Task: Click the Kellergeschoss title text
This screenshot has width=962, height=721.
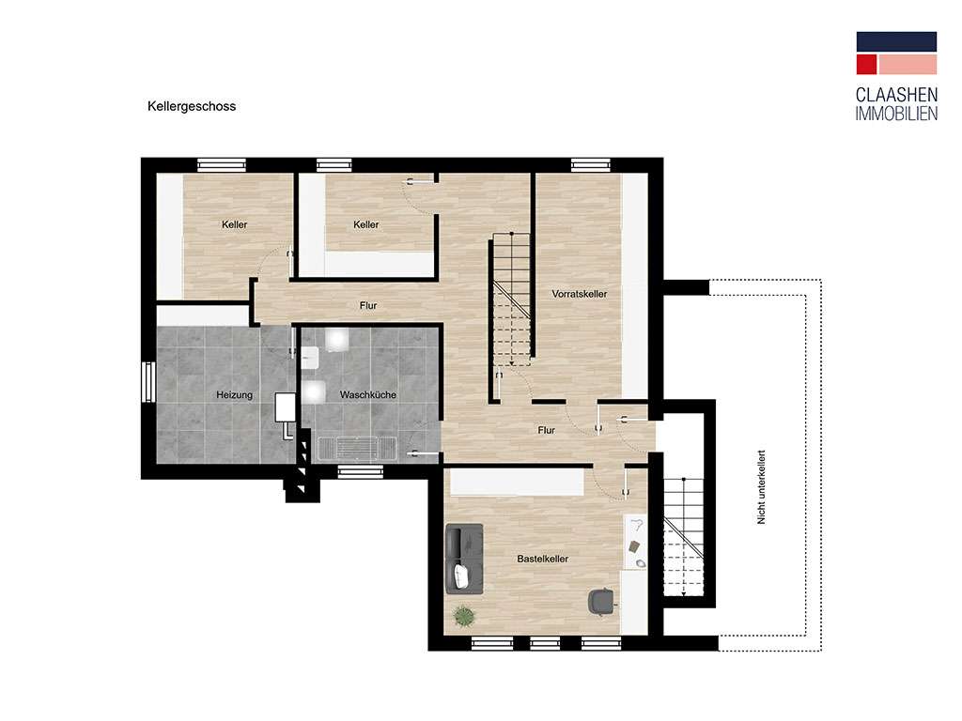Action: pyautogui.click(x=192, y=106)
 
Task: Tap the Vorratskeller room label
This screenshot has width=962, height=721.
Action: pyautogui.click(x=579, y=294)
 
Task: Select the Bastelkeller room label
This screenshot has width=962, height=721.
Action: pyautogui.click(x=542, y=559)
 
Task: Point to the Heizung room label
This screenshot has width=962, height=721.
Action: pyautogui.click(x=234, y=395)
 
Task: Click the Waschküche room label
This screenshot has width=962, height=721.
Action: pyautogui.click(x=367, y=395)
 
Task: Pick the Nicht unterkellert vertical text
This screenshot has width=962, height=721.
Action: pyautogui.click(x=761, y=487)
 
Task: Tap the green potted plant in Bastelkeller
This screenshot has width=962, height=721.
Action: pyautogui.click(x=464, y=615)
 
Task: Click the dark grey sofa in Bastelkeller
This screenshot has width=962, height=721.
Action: pyautogui.click(x=464, y=559)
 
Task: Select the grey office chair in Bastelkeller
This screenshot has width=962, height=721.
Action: pyautogui.click(x=600, y=600)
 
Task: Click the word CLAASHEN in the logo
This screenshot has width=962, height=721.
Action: pyautogui.click(x=896, y=95)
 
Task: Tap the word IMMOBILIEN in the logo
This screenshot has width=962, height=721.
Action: pyautogui.click(x=896, y=114)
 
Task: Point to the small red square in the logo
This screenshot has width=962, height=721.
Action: pyautogui.click(x=866, y=65)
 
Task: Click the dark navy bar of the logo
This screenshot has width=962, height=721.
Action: pyautogui.click(x=896, y=41)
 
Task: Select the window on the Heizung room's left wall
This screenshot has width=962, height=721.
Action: pyautogui.click(x=147, y=382)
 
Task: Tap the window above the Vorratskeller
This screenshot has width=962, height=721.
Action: pyautogui.click(x=591, y=164)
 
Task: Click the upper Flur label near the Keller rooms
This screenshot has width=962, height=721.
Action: pyautogui.click(x=368, y=305)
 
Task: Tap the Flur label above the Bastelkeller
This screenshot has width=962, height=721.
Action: pyautogui.click(x=546, y=430)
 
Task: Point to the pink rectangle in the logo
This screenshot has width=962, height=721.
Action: pyautogui.click(x=908, y=65)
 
